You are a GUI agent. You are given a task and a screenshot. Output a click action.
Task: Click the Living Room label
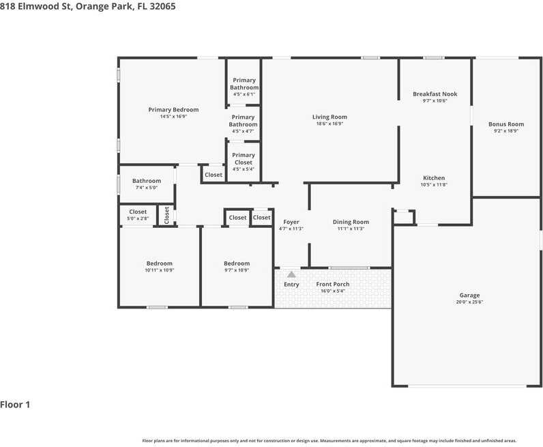tap(329, 117)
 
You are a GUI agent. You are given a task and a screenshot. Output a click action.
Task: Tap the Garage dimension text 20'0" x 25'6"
tap(469, 302)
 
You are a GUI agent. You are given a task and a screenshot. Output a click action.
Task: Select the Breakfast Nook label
tap(435, 94)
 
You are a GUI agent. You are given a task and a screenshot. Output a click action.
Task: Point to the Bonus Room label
tap(506, 124)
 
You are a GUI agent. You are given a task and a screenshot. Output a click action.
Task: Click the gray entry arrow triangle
tap(291, 274)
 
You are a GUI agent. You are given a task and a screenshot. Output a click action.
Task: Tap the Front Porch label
tap(333, 284)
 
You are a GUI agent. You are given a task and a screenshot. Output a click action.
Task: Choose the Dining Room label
tap(351, 222)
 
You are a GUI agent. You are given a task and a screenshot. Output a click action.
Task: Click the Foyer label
tap(291, 222)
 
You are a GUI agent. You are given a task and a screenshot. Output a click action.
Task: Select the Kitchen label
tap(434, 177)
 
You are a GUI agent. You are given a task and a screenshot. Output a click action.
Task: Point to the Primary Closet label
tap(244, 159)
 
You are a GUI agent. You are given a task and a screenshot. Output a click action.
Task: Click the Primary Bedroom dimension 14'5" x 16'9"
tap(173, 117)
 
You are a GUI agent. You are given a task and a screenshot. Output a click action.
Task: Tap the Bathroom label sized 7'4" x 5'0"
tap(147, 181)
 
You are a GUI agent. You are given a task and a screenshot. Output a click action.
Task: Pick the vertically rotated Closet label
tap(166, 215)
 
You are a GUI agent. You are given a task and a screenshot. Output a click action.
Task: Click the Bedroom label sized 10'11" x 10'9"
tap(160, 263)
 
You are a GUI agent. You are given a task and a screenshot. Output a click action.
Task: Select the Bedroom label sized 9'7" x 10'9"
tap(237, 263)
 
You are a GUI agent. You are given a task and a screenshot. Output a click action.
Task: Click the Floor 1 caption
tap(15, 405)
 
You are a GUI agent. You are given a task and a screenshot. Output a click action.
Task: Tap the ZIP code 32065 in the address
tap(162, 6)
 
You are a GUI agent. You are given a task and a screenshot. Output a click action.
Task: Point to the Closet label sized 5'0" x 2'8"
tap(138, 212)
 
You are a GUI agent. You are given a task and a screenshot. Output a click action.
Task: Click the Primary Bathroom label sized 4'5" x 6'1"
tap(244, 84)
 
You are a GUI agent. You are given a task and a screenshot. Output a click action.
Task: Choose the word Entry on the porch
tap(291, 285)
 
